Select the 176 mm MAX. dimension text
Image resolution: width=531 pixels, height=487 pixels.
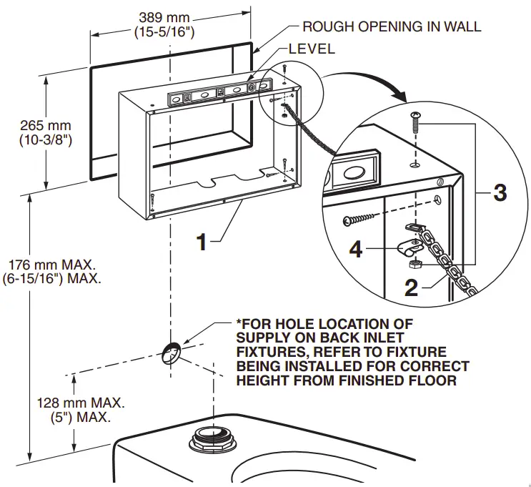(51, 264)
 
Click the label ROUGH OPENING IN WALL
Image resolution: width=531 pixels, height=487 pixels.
(392, 27)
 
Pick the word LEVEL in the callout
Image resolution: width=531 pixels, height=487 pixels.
(311, 49)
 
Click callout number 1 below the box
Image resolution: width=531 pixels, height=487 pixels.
(202, 242)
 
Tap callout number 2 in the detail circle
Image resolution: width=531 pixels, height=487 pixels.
(411, 287)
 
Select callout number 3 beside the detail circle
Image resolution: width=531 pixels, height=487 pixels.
(500, 192)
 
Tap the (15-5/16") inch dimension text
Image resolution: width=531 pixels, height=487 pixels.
(164, 31)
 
